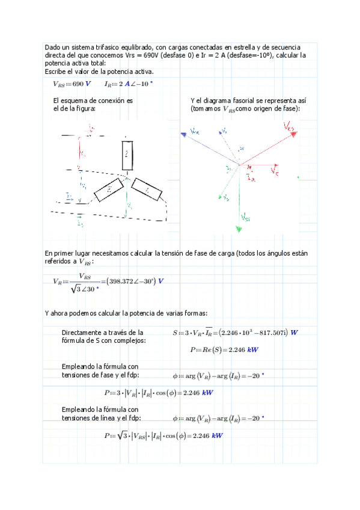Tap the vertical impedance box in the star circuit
coord(127,154)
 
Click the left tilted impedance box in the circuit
coord(108,190)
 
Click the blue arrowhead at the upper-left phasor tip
coord(182,135)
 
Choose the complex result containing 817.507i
coord(253,333)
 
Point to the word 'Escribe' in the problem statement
coord(54,71)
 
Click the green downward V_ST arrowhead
coord(239,229)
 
